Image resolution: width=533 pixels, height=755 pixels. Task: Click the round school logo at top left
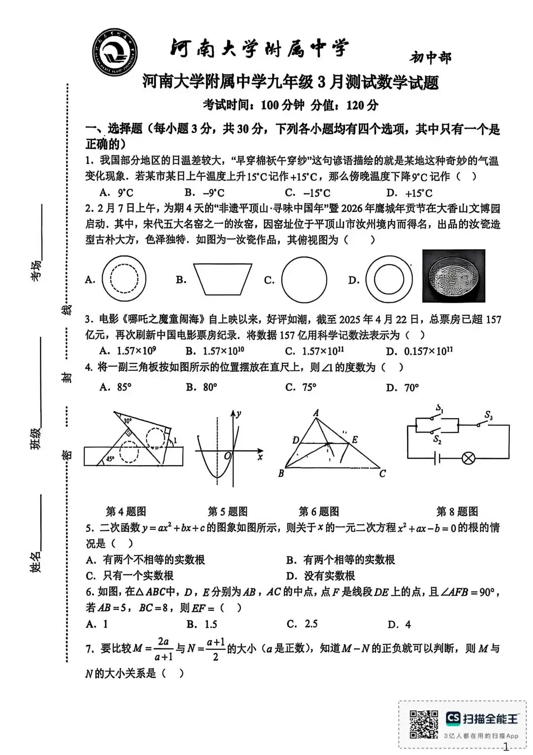click(115, 52)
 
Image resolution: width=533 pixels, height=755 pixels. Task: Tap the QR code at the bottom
click(423, 724)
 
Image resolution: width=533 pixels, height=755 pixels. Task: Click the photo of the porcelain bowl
click(454, 276)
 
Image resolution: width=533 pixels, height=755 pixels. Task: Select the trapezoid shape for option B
click(223, 279)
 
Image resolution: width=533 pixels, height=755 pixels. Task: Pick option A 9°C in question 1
click(116, 193)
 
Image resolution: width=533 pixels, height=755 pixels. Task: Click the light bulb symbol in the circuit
click(468, 458)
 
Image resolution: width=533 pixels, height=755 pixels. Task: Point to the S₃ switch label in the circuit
click(488, 416)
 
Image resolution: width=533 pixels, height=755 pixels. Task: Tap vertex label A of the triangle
click(316, 413)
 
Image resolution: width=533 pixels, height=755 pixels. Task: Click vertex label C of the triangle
click(382, 474)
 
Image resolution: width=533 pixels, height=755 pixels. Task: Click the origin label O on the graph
click(228, 456)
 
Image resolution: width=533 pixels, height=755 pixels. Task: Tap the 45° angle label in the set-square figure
click(111, 459)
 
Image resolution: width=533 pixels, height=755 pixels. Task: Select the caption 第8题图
click(457, 511)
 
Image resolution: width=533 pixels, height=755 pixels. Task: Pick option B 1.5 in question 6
click(202, 624)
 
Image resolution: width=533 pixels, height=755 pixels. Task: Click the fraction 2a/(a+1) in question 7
click(163, 649)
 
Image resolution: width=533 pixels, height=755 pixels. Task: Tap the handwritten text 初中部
click(430, 58)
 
